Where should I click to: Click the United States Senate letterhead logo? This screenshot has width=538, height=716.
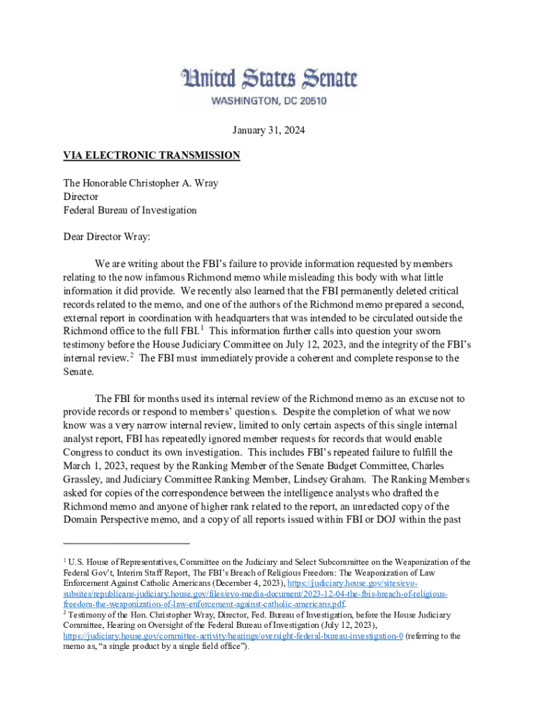[x=269, y=78]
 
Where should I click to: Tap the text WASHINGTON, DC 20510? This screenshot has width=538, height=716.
[x=269, y=101]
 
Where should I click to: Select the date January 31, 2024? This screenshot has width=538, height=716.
[x=269, y=130]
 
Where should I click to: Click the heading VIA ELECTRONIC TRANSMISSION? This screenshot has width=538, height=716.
[x=152, y=155]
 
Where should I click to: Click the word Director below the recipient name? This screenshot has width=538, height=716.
[x=81, y=196]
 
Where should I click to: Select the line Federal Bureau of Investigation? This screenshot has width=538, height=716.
[x=130, y=210]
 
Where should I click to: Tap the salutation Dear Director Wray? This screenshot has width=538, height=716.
[x=107, y=237]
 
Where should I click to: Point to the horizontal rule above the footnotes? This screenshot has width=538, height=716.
[x=126, y=543]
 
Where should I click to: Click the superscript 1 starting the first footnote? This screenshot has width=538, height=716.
[x=65, y=560]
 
